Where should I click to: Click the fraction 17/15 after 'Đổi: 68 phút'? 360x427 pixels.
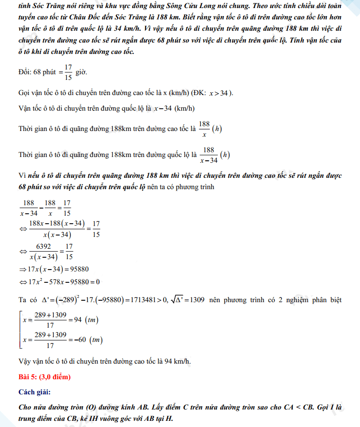(x=68, y=72)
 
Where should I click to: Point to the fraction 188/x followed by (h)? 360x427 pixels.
(x=204, y=129)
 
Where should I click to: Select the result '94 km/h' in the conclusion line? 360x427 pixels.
(x=178, y=361)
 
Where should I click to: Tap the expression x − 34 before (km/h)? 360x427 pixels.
(x=162, y=108)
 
